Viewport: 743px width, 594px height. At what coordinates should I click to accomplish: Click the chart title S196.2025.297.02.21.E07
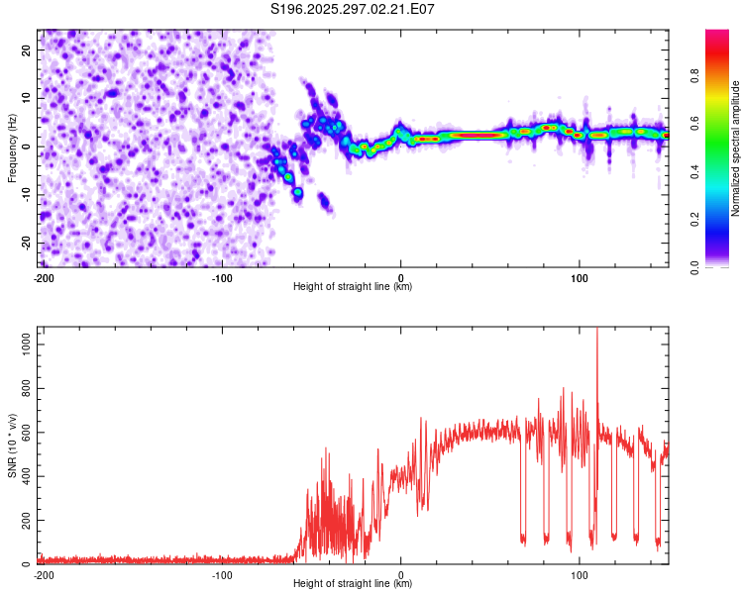coord(353,10)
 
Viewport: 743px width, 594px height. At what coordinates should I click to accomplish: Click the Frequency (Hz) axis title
coord(13,148)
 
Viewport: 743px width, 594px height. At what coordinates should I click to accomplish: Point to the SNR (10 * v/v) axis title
coord(13,445)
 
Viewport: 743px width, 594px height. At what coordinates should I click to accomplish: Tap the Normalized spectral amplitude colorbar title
coord(737,148)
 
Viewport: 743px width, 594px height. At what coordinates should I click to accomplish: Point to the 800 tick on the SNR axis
coord(25,389)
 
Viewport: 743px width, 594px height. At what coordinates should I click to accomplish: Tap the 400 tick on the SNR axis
coord(25,476)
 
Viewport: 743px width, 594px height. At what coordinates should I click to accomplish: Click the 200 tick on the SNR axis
coord(25,521)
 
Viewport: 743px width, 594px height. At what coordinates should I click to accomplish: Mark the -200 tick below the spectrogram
coord(43,276)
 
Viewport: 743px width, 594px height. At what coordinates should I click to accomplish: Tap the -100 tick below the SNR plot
coord(221,573)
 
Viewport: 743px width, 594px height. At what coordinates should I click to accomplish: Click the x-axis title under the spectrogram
coord(353,287)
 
